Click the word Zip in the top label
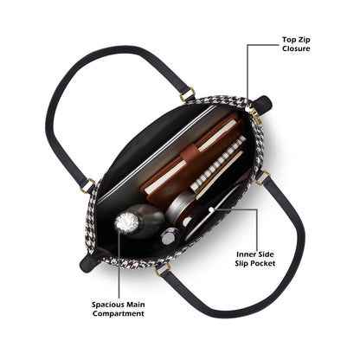pyautogui.click(x=305, y=40)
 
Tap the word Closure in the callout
pyautogui.click(x=296, y=48)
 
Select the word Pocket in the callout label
pyautogui.click(x=263, y=263)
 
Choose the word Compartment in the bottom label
pyautogui.click(x=119, y=313)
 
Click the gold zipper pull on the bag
pyautogui.click(x=256, y=117)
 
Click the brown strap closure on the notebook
pyautogui.click(x=190, y=154)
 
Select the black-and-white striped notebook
pyautogui.click(x=218, y=164)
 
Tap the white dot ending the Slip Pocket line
pyautogui.click(x=212, y=209)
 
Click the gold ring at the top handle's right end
pyautogui.click(x=188, y=95)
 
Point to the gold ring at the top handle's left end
pyautogui.click(x=87, y=186)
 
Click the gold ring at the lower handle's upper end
pyautogui.click(x=262, y=178)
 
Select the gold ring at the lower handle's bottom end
pyautogui.click(x=163, y=269)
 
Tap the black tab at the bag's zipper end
pyautogui.click(x=263, y=103)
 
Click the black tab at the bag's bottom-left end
pyautogui.click(x=89, y=263)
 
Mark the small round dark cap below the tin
pyautogui.click(x=170, y=236)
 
